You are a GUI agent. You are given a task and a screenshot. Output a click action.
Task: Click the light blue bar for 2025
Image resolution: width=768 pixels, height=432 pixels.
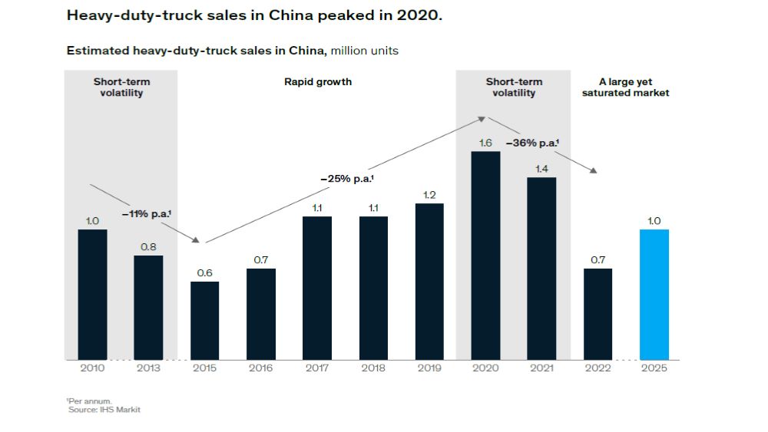pos(654,295)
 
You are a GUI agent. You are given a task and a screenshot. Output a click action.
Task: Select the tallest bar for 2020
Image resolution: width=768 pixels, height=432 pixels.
pos(485,256)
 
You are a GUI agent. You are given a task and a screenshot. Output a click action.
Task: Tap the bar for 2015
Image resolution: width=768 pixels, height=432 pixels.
pos(204,321)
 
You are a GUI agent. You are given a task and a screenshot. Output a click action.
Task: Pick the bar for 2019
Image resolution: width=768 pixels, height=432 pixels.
pos(429,282)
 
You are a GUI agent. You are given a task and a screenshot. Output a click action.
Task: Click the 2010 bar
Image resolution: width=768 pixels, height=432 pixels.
pos(92,295)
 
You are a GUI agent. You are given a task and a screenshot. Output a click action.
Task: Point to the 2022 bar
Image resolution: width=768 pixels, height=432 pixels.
pos(598,314)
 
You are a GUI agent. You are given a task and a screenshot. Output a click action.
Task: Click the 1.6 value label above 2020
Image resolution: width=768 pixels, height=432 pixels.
pos(485,143)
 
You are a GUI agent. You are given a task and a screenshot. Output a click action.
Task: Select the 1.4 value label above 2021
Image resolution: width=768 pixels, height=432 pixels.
pos(541,169)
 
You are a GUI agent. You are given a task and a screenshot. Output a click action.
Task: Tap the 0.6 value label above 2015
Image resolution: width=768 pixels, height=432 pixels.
pos(204,273)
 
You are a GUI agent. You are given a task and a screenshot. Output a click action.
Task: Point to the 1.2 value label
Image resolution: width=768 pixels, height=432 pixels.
pos(429,195)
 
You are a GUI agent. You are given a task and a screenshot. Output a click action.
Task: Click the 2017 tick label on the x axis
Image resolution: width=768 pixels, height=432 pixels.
pos(317,368)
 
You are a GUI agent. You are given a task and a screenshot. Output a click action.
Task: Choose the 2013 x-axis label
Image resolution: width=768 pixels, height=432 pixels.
pos(148,368)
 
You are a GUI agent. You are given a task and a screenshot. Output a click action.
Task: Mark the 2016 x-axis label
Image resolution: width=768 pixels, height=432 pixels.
pos(261,368)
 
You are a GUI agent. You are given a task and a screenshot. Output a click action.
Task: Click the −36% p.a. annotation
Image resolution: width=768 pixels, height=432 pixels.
pos(532,143)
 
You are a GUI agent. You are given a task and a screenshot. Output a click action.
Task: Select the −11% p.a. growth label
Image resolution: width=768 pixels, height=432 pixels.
pos(146,215)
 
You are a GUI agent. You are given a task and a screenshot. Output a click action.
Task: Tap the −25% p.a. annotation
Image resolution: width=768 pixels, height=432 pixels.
pos(346,178)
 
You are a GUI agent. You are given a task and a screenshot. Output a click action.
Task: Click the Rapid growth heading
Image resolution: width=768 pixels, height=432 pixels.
pos(318,81)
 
